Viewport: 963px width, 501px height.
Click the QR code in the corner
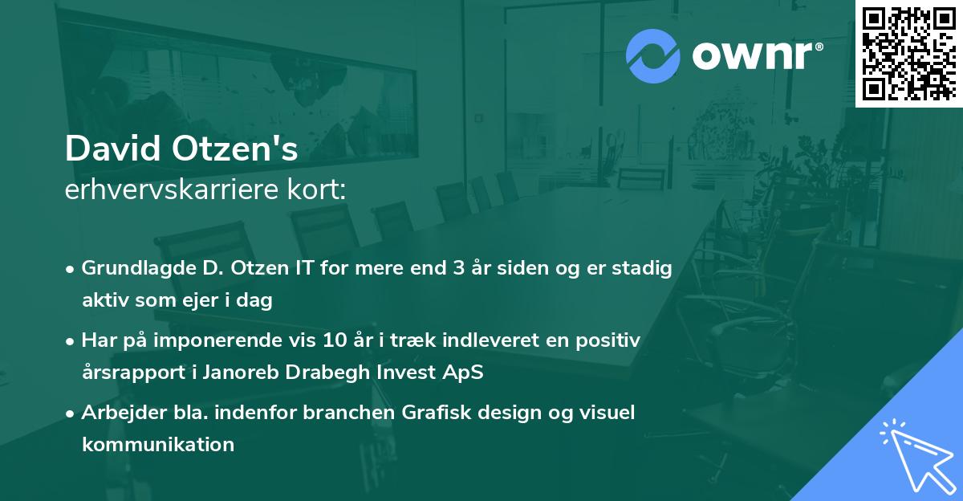click(908, 53)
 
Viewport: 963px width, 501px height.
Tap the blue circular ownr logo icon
click(653, 56)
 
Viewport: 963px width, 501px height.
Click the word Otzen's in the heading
click(245, 149)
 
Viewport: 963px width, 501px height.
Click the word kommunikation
click(157, 444)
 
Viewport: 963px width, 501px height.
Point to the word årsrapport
click(129, 373)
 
